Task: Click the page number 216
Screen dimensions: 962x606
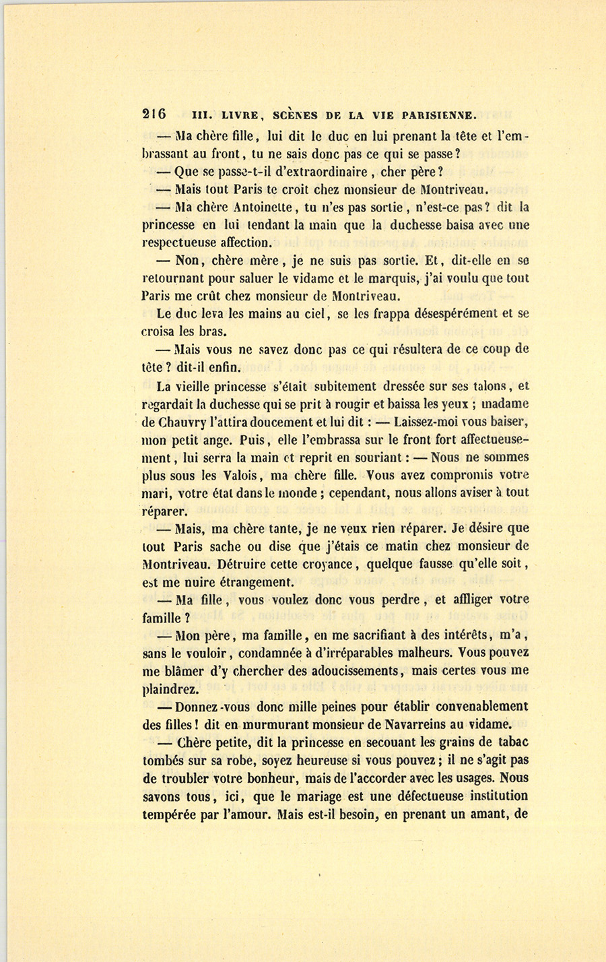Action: pyautogui.click(x=154, y=114)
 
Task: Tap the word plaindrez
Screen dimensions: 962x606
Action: pyautogui.click(x=170, y=689)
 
